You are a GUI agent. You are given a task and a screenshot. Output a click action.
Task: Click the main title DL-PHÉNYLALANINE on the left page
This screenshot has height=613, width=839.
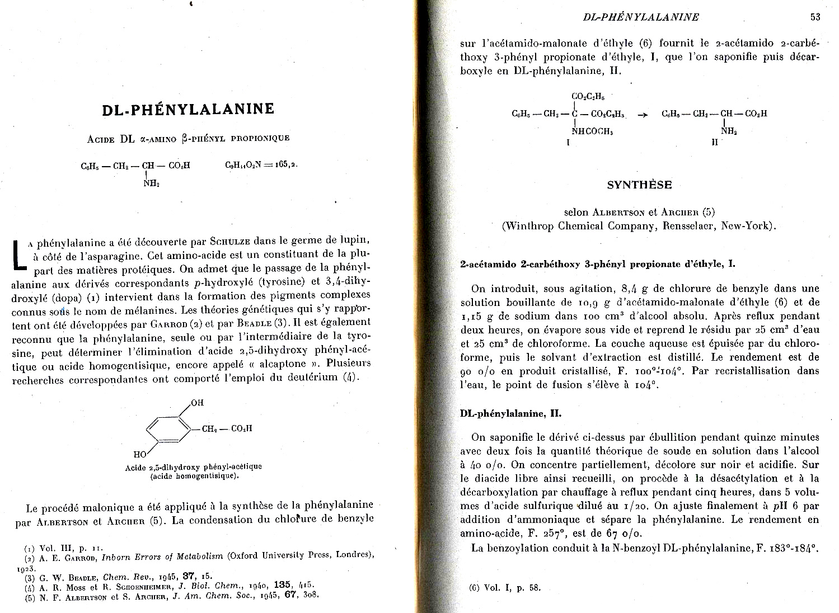pos(188,109)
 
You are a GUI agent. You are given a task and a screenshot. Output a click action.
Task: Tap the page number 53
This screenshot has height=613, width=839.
pos(815,17)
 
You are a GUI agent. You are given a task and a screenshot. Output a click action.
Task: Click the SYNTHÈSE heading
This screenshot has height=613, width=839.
pos(639,185)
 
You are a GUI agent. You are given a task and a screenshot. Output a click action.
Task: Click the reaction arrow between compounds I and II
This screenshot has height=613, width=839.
pos(643,114)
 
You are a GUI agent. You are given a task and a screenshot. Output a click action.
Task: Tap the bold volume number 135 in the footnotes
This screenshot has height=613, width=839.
pos(282,585)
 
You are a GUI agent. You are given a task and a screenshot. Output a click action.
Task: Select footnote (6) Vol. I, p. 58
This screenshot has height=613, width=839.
pos(505,587)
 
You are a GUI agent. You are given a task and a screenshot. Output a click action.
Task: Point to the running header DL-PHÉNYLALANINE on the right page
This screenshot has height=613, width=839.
pos(641,17)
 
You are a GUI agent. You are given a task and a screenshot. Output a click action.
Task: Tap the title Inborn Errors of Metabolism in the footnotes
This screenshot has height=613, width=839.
pos(162,557)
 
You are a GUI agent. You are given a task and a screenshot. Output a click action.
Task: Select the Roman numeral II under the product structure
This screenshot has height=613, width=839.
pos(715,143)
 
